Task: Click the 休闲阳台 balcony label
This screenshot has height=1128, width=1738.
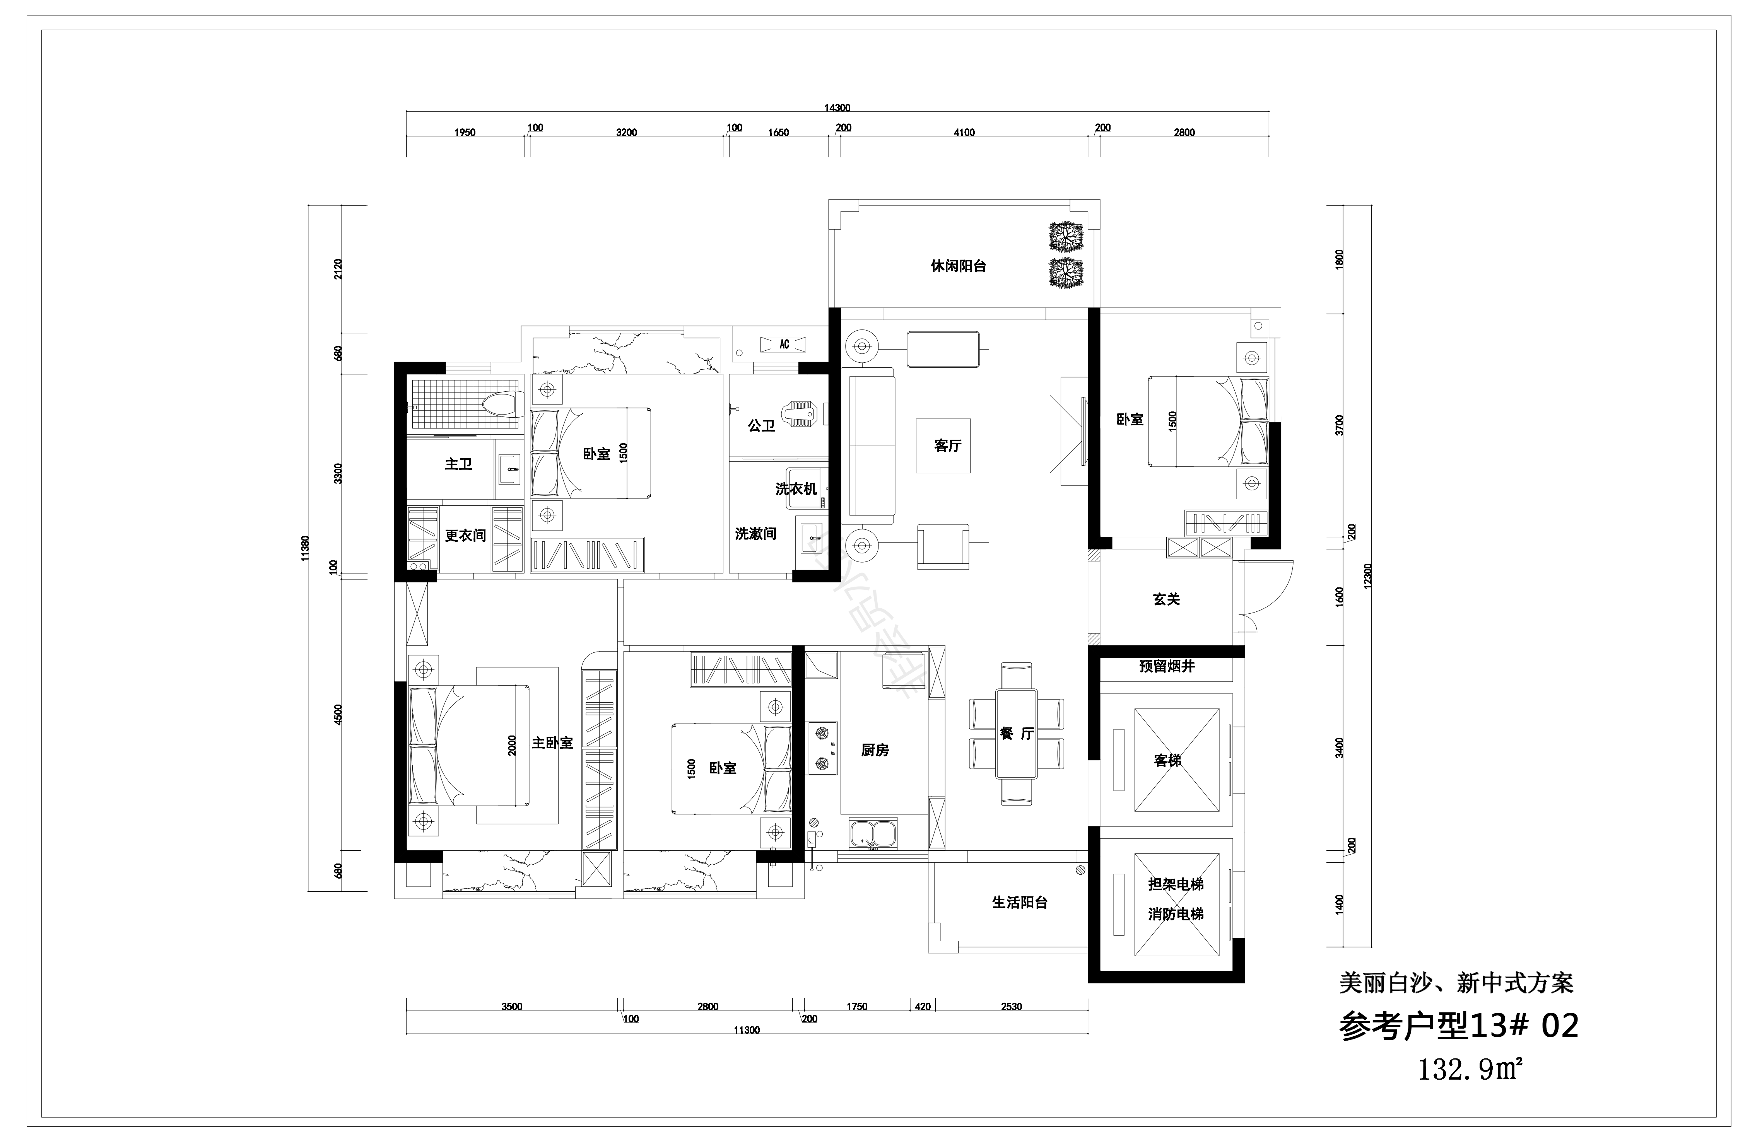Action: click(x=958, y=266)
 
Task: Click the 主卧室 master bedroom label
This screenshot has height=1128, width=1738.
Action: click(x=552, y=742)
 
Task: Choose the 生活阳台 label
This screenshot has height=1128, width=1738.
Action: click(x=1019, y=903)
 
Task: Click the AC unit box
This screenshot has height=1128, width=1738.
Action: click(x=784, y=344)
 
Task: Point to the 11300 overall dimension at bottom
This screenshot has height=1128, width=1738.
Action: click(x=746, y=1030)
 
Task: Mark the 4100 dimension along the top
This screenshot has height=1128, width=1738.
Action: click(x=964, y=132)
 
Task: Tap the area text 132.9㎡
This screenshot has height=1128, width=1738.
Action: click(x=1469, y=1070)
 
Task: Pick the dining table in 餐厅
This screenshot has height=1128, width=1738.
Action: click(x=1016, y=734)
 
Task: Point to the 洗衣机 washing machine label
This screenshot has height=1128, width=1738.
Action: click(x=796, y=488)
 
